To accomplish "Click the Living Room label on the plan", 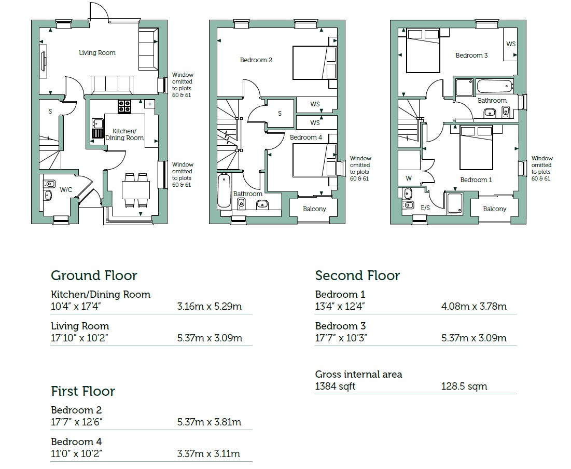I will pyautogui.click(x=97, y=53).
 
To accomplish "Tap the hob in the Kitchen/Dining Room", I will pyautogui.click(x=124, y=106).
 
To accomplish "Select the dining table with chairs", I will pyautogui.click(x=136, y=190).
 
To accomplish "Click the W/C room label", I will pyautogui.click(x=66, y=190).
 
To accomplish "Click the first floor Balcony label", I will pyautogui.click(x=314, y=209).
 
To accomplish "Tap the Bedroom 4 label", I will pyautogui.click(x=306, y=137).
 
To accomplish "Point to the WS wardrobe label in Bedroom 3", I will pyautogui.click(x=511, y=44).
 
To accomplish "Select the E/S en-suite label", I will pyautogui.click(x=425, y=208).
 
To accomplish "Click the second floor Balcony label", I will pyautogui.click(x=494, y=209).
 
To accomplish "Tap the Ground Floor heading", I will pyautogui.click(x=94, y=275).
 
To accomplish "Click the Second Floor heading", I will pyautogui.click(x=357, y=275).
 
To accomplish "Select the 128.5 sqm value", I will pyautogui.click(x=464, y=387).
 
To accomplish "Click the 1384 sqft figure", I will pyautogui.click(x=335, y=387).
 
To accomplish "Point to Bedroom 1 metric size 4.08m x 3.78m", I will pyautogui.click(x=473, y=306).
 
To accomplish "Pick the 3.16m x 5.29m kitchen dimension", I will pyautogui.click(x=209, y=306).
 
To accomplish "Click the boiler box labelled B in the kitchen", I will pyautogui.click(x=149, y=104).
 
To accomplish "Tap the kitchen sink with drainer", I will pyautogui.click(x=98, y=128).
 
